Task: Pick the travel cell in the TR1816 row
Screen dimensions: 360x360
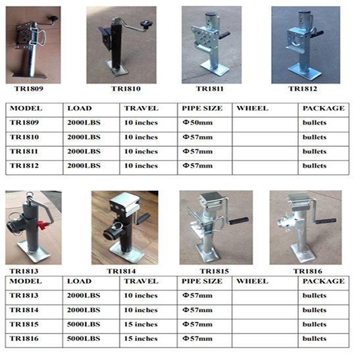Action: pos(141,339)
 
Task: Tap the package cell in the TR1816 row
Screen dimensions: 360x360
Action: pos(314,339)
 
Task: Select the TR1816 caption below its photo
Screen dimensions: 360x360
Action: pos(307,270)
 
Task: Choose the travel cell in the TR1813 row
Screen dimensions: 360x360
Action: pos(141,296)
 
